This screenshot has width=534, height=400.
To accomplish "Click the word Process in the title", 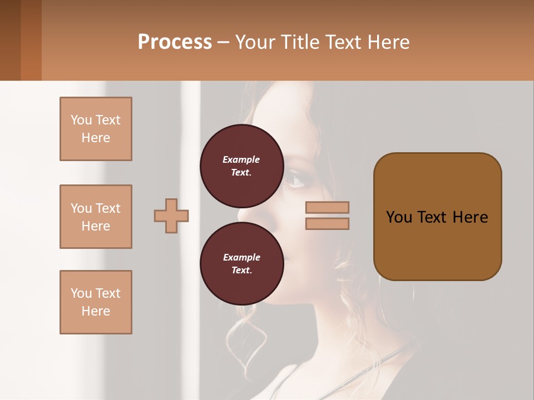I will (x=175, y=42).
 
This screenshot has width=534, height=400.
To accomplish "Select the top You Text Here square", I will (x=96, y=129).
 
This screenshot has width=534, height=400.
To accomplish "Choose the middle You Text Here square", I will (x=96, y=217).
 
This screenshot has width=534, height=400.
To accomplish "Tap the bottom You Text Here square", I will (x=96, y=302).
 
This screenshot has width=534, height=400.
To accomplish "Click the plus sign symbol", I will (x=171, y=216).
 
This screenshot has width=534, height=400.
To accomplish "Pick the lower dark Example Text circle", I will (x=241, y=263).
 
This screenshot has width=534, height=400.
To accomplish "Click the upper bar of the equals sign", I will (x=327, y=208).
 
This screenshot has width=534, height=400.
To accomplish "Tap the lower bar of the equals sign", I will (x=327, y=224).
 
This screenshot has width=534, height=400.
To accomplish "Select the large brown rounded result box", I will (x=437, y=217).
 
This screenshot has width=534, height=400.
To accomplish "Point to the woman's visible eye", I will (x=295, y=181).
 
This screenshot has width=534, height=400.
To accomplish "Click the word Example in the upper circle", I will (x=241, y=159).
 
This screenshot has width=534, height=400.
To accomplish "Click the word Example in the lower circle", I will (x=241, y=257).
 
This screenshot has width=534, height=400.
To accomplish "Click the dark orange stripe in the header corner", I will (x=31, y=40).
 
